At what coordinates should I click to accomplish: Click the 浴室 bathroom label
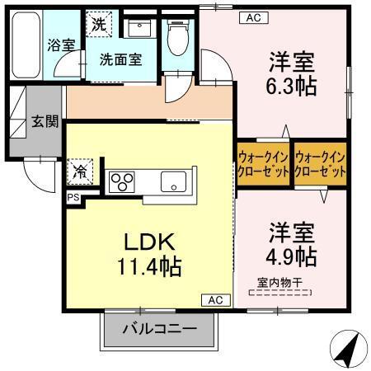59,45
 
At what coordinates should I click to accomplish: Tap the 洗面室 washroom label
121,59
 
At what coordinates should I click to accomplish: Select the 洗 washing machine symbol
98,25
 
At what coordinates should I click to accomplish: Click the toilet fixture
176,37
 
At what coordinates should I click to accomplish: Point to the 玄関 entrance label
45,122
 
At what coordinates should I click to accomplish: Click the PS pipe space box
73,198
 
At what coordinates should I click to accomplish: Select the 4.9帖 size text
290,256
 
